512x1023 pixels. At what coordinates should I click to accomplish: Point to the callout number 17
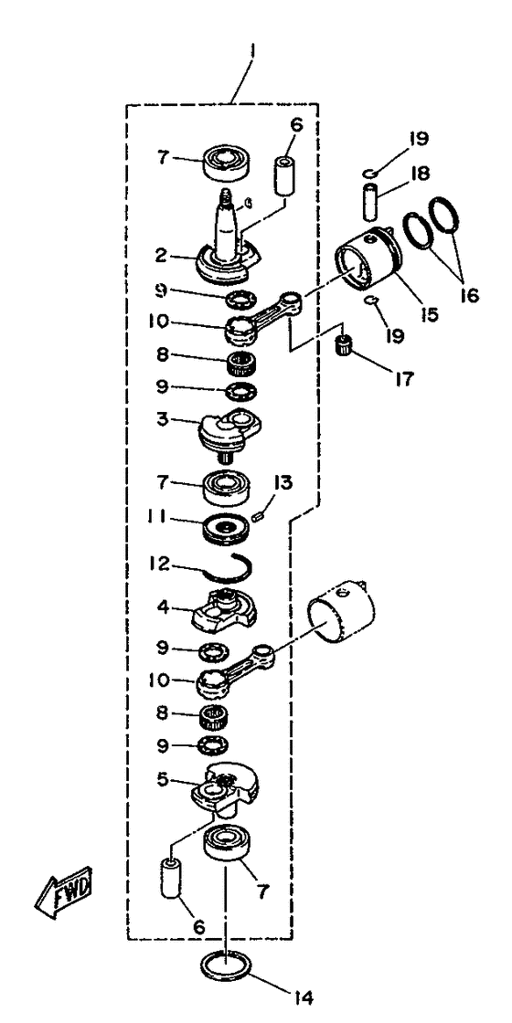pos(402,379)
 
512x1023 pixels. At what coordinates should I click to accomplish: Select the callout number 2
pos(161,255)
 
